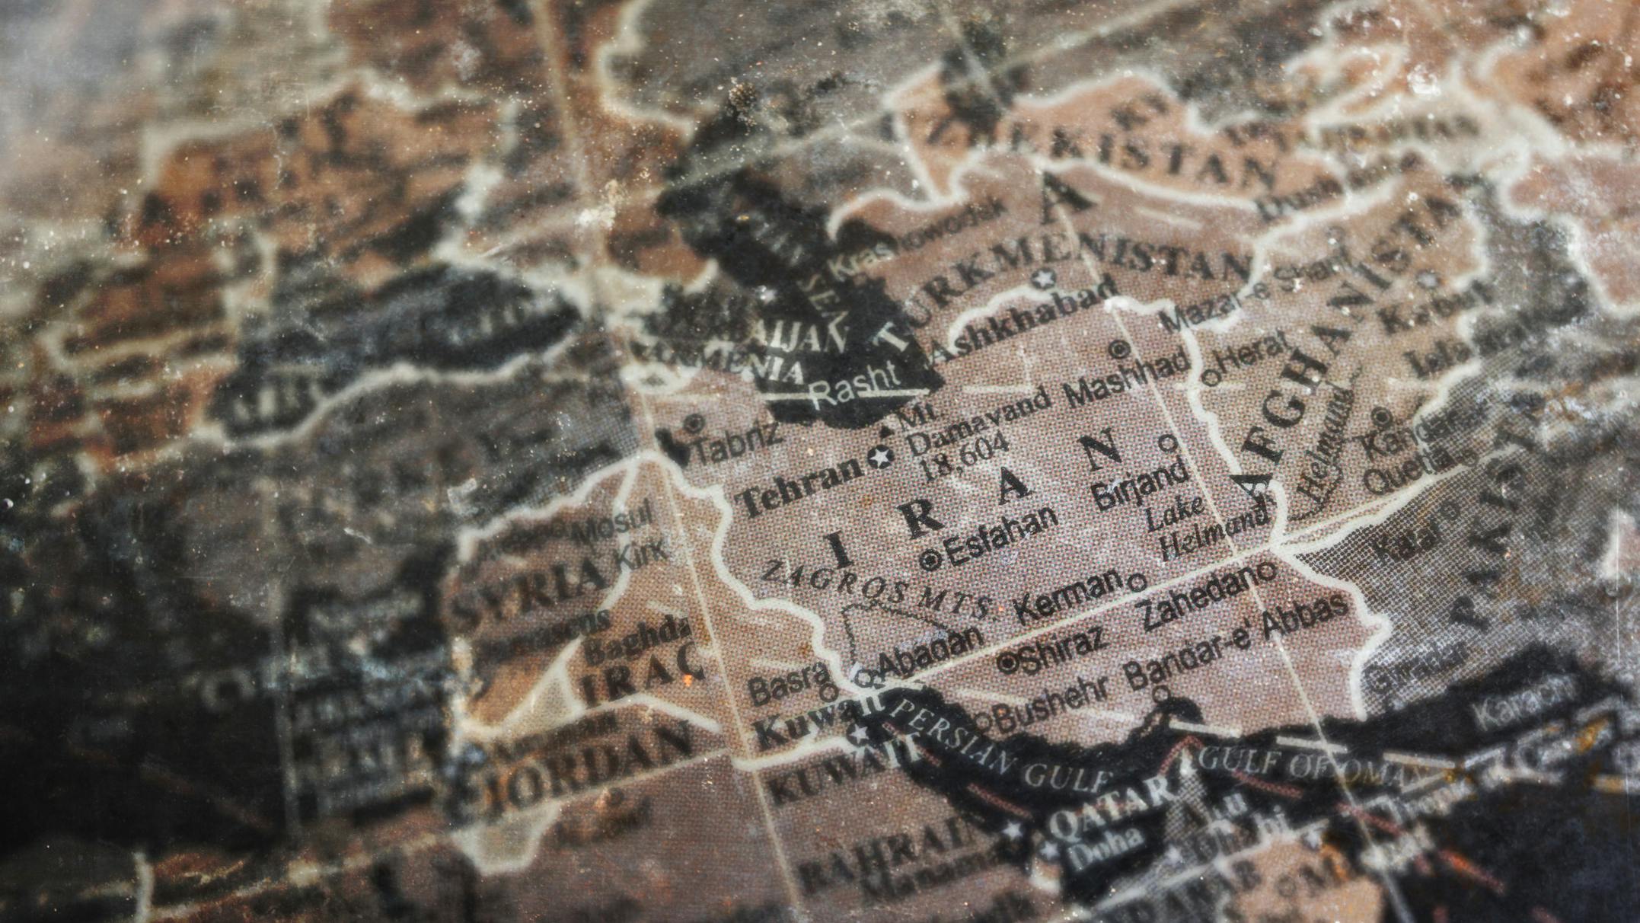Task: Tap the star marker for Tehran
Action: pos(881,458)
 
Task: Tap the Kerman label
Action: pos(1070,596)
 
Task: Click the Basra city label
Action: pos(787,683)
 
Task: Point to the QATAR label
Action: pos(1112,806)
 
